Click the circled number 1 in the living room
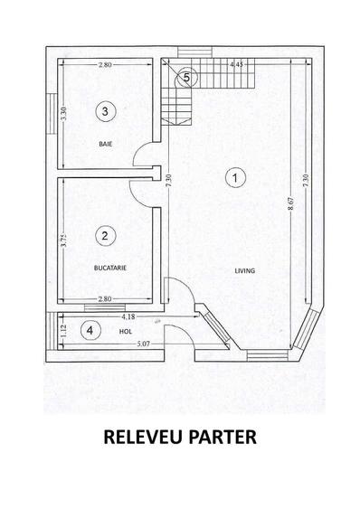point(235,177)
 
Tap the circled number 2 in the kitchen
point(105,236)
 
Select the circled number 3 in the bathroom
point(105,111)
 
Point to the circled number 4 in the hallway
point(90,331)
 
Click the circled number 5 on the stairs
point(186,78)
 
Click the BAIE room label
point(106,144)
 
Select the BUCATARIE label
point(110,269)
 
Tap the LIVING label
point(245,270)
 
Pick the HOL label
point(126,332)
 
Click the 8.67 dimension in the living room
point(291,203)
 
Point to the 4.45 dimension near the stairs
point(236,64)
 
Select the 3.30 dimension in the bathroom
point(63,114)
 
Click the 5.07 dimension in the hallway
point(143,344)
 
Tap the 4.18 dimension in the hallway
point(128,316)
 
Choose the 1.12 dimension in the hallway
point(63,331)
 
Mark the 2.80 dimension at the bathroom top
point(105,64)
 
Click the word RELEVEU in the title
point(143,437)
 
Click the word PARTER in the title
point(223,437)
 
